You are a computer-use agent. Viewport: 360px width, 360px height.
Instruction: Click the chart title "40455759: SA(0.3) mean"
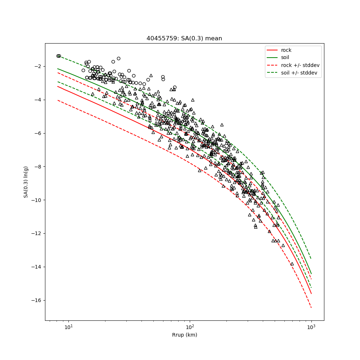point(184,39)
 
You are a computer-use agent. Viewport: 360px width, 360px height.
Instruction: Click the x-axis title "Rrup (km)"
point(184,335)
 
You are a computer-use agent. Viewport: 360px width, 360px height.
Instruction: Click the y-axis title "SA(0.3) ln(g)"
point(26,182)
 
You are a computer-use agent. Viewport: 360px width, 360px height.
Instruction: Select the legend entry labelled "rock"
point(286,50)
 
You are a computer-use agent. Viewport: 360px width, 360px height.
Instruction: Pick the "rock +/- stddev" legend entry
point(300,65)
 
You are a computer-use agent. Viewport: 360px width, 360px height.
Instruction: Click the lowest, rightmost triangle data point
point(292,264)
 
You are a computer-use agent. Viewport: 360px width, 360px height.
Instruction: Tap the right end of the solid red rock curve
point(311,293)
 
